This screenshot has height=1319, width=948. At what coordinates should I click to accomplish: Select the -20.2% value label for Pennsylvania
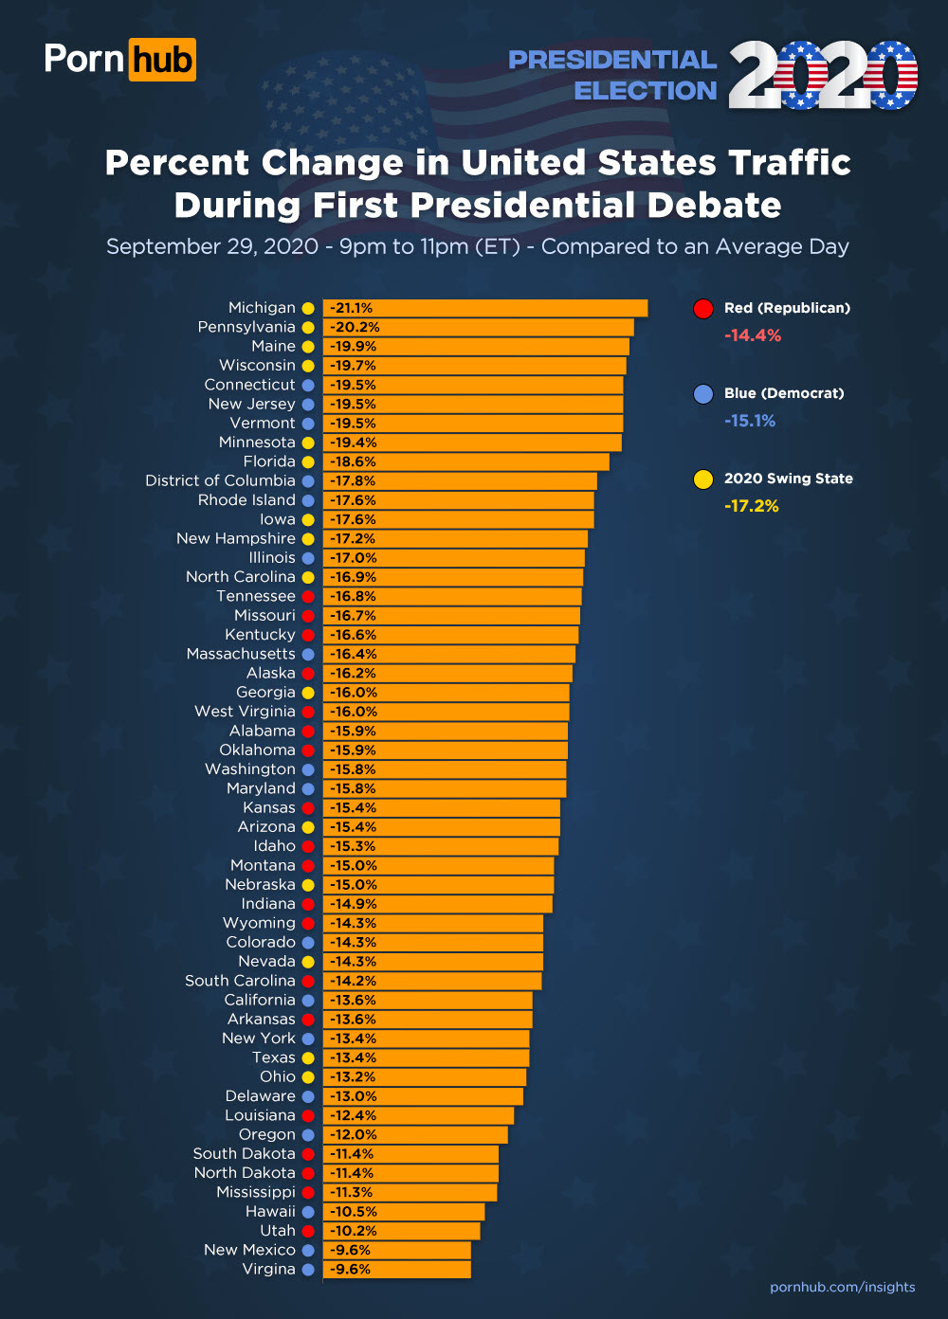click(355, 327)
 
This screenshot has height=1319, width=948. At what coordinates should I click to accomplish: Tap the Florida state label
click(269, 461)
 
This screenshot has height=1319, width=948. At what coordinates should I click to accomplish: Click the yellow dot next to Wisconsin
click(308, 366)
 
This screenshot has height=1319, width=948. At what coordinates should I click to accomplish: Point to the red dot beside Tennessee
click(308, 596)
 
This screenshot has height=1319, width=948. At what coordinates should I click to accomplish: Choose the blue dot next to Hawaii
click(308, 1211)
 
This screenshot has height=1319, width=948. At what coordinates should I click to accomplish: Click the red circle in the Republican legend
click(703, 309)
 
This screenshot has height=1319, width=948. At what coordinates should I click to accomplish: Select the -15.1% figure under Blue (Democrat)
click(750, 421)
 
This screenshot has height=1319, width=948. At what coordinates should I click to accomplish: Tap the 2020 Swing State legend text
click(788, 479)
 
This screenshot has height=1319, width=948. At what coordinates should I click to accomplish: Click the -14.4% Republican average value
click(753, 335)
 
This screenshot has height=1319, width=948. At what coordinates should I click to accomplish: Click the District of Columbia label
click(220, 480)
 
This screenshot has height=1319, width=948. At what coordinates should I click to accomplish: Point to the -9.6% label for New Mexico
click(350, 1250)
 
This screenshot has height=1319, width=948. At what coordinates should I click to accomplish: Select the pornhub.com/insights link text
click(842, 1287)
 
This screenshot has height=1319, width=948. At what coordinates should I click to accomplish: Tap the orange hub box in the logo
click(162, 60)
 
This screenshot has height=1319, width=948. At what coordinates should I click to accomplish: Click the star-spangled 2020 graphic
click(822, 75)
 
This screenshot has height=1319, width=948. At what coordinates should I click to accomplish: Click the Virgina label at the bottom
click(268, 1269)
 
